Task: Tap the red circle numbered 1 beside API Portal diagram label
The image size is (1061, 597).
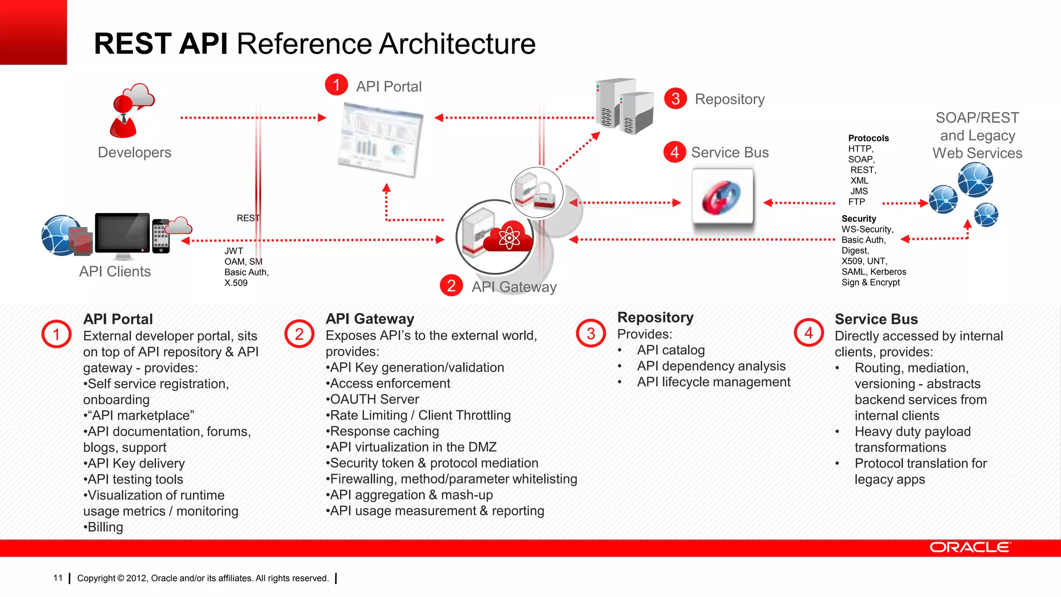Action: click(336, 85)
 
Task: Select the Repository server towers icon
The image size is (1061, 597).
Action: click(624, 106)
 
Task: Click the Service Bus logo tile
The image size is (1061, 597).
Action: click(722, 197)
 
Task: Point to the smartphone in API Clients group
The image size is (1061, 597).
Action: click(161, 236)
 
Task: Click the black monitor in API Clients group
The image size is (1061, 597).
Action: click(122, 234)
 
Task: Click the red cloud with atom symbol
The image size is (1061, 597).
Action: click(508, 238)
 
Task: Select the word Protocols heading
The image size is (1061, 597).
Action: click(868, 138)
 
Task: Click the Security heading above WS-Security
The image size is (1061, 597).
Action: click(858, 219)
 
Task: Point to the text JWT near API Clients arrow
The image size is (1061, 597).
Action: click(234, 251)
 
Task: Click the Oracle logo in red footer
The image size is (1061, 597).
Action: click(969, 548)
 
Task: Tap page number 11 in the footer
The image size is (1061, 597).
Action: click(58, 578)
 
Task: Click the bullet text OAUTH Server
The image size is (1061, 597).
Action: click(373, 400)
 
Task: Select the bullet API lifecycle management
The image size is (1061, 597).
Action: click(713, 382)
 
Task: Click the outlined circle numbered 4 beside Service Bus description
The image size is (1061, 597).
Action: click(809, 333)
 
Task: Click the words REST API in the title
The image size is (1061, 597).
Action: click(161, 44)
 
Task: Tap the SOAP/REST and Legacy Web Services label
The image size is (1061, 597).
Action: click(977, 135)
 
